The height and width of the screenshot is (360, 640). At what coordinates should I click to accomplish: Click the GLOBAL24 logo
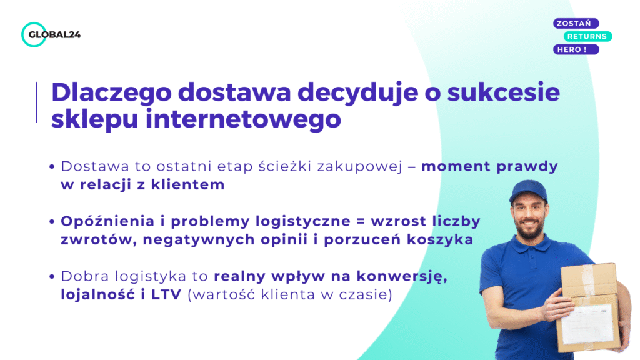51,34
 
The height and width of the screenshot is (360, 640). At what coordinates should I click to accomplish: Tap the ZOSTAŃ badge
576,24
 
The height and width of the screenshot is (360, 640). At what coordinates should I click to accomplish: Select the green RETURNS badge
588,36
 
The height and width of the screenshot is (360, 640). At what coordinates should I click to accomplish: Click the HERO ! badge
576,49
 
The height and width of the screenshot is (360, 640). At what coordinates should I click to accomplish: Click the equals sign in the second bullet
363,222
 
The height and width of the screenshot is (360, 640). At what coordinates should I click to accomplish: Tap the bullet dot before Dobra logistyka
52,277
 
